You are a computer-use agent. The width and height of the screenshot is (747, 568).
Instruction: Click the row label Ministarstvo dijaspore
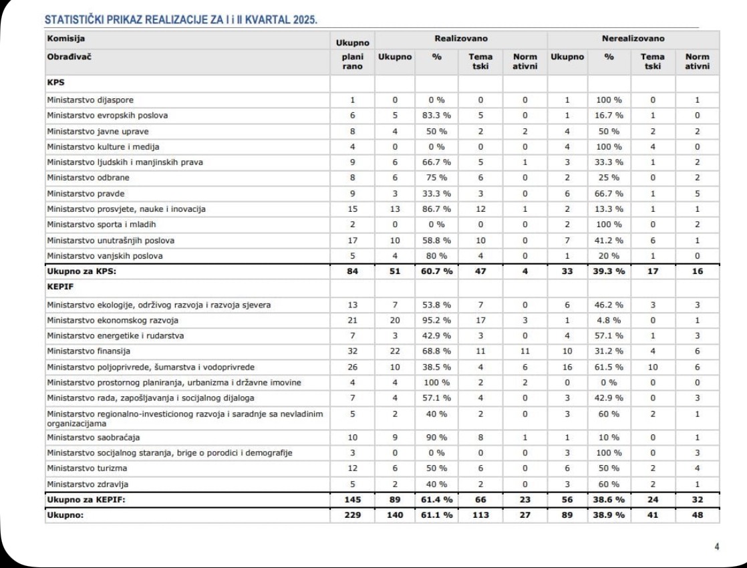tap(90, 100)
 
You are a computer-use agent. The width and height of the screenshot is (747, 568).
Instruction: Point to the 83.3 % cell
tap(437, 115)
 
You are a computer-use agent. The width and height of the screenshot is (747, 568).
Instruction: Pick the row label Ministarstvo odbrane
tap(88, 177)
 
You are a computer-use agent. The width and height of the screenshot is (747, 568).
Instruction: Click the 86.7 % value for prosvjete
tap(437, 209)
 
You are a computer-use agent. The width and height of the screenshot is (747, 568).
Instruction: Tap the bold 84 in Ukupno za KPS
tap(353, 272)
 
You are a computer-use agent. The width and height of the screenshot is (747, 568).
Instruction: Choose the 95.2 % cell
tap(437, 320)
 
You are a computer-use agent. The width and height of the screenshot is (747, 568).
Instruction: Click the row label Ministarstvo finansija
tap(88, 351)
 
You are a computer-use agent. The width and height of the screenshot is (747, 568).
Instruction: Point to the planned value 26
tap(353, 367)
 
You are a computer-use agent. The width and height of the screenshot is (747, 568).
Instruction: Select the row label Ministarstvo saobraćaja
tap(94, 438)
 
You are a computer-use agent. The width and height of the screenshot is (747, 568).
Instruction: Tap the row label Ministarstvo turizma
tap(87, 468)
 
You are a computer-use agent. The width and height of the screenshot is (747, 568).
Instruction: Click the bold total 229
tap(353, 515)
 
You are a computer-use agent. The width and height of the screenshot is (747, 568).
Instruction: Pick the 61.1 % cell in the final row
tap(437, 515)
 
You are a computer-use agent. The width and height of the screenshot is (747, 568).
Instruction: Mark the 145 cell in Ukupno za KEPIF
tap(353, 499)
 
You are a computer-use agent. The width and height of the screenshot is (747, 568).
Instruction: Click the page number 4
tap(717, 546)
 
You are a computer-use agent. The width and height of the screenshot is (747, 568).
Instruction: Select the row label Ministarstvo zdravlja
tap(87, 484)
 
